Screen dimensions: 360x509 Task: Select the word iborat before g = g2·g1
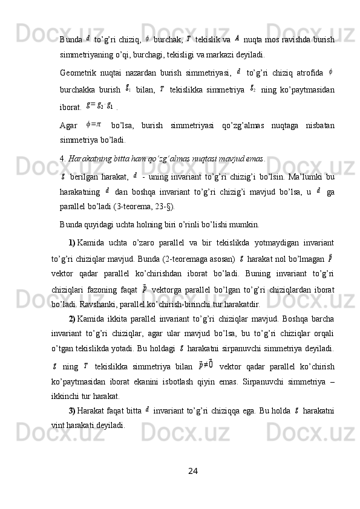pyautogui.click(x=70, y=107)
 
